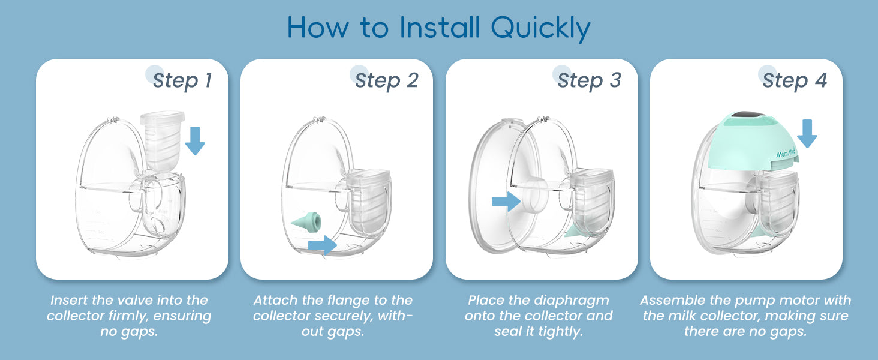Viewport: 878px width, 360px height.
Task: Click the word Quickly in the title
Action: pos(540,28)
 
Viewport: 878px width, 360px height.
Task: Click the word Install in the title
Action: pos(440,27)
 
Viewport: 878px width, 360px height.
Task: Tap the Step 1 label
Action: pos(183,80)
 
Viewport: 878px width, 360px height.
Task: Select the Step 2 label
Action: pos(387,80)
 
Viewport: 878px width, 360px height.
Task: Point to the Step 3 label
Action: pos(590,80)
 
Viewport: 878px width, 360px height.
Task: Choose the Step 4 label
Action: pos(795,80)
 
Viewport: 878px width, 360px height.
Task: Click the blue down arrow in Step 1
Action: pos(195,141)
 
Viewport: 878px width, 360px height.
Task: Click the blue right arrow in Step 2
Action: pos(323,245)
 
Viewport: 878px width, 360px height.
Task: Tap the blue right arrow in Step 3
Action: pos(506,202)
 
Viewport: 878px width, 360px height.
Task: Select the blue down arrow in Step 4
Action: pos(807,134)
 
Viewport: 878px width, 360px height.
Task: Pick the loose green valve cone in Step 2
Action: pos(306,222)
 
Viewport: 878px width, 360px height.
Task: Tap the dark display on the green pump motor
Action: pos(747,115)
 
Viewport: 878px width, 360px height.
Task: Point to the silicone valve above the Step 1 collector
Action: pos(163,141)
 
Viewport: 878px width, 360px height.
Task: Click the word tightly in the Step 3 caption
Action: pos(561,332)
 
